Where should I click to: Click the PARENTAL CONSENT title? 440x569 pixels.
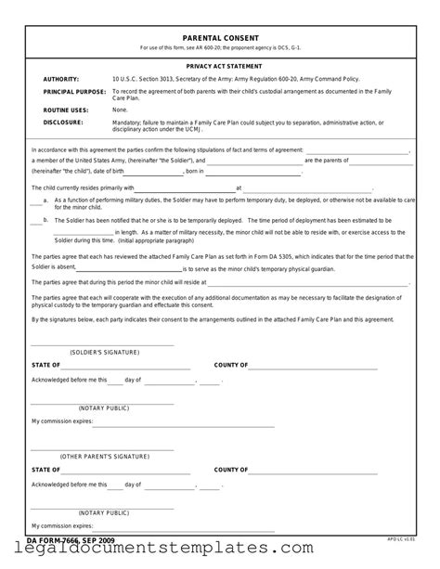(x=220, y=38)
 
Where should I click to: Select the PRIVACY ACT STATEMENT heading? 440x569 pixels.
(x=220, y=68)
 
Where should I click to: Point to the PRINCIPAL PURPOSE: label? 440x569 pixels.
(x=73, y=93)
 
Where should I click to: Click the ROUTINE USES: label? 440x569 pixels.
(x=66, y=110)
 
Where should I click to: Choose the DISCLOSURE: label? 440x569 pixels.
(x=62, y=121)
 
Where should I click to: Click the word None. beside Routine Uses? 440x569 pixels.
(x=120, y=110)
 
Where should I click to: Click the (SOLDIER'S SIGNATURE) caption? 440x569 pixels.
(x=103, y=354)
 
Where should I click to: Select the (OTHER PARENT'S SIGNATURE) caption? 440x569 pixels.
(x=103, y=458)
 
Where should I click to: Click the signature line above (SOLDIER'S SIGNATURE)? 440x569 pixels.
(x=103, y=346)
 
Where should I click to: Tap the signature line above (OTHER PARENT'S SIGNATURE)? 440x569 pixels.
(x=103, y=450)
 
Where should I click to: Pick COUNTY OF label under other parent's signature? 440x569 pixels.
(x=231, y=470)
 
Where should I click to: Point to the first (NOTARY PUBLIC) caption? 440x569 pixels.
(x=103, y=407)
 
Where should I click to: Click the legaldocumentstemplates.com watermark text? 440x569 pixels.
(x=220, y=554)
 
